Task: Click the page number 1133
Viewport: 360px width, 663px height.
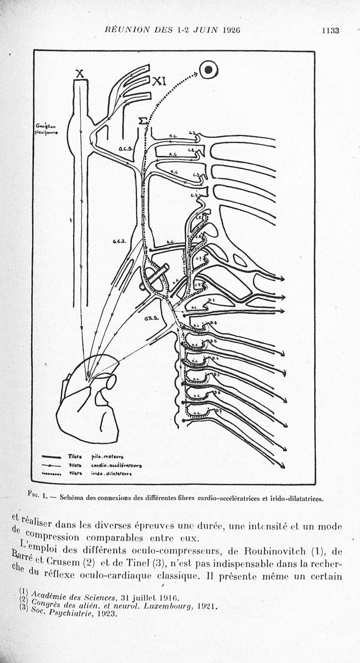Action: coord(330,31)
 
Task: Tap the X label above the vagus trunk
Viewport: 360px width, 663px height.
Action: coord(80,73)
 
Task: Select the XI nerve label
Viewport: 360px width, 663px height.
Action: coord(159,81)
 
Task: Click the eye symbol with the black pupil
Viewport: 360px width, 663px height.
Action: coord(209,70)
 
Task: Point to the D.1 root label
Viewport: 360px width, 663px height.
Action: coord(212,300)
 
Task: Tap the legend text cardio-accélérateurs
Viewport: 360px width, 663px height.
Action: coord(116,465)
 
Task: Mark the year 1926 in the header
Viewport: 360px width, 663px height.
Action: coord(231,31)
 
